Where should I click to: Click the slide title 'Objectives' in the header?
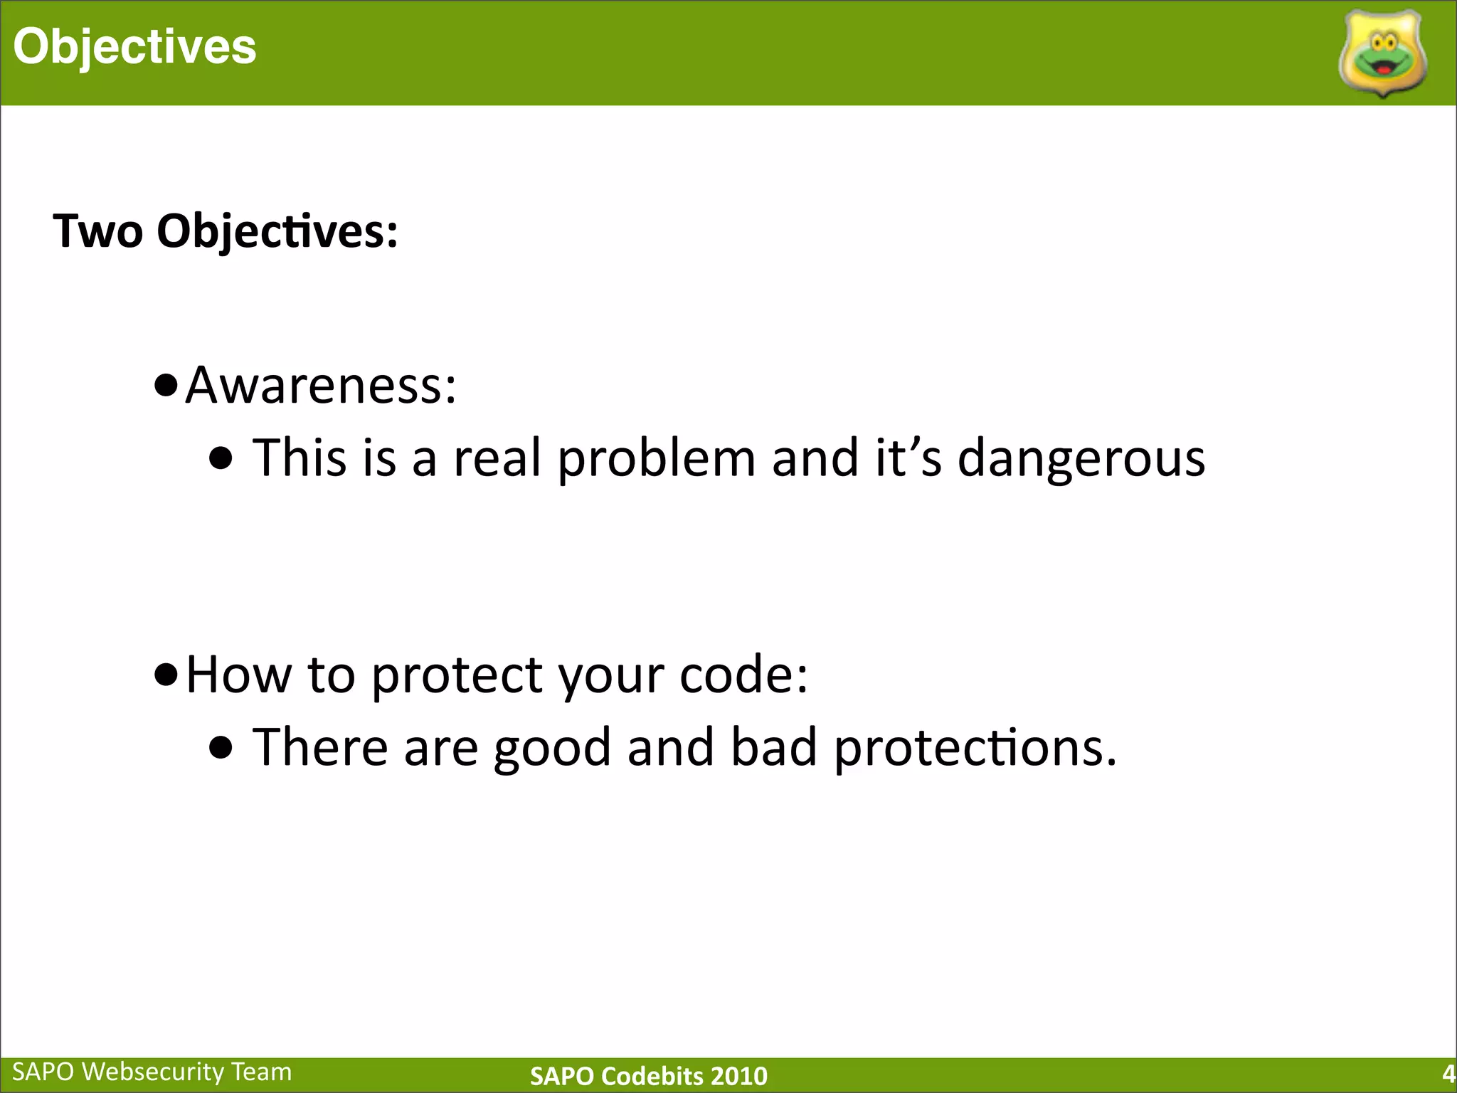tap(134, 47)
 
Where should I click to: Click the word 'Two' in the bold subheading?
tap(97, 231)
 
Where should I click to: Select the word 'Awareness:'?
tap(320, 385)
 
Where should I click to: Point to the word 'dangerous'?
tap(1081, 458)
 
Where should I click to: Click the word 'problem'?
tap(656, 458)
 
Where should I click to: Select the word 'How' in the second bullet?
tap(238, 674)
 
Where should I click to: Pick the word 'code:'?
tap(743, 674)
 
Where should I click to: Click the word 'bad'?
tap(773, 747)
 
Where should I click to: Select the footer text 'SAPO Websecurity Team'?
tap(152, 1072)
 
